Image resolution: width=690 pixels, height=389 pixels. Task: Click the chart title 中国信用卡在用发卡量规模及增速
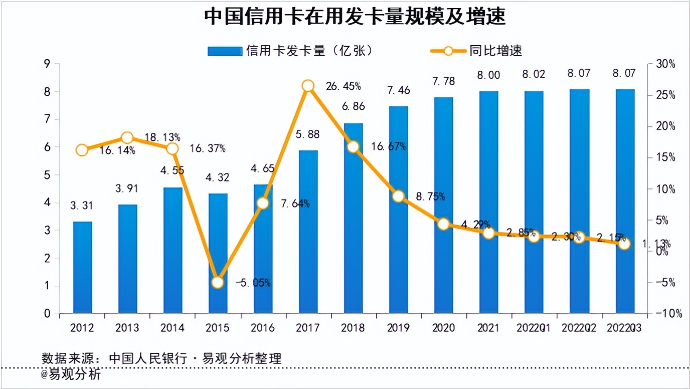pyautogui.click(x=355, y=17)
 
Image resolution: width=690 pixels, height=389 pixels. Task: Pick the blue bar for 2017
pyautogui.click(x=308, y=232)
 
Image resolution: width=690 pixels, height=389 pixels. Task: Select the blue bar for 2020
pyautogui.click(x=443, y=205)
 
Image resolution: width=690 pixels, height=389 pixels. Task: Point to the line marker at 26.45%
pyautogui.click(x=308, y=86)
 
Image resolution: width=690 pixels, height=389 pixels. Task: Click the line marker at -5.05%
pyautogui.click(x=217, y=283)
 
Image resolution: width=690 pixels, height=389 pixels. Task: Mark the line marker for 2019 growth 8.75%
pyautogui.click(x=398, y=196)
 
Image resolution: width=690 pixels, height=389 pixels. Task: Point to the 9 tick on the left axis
pyautogui.click(x=48, y=64)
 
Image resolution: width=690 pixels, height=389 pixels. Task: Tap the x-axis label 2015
pyautogui.click(x=217, y=328)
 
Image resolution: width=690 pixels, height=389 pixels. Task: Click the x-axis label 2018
pyautogui.click(x=353, y=328)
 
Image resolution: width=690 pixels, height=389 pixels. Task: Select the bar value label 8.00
pyautogui.click(x=489, y=75)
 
